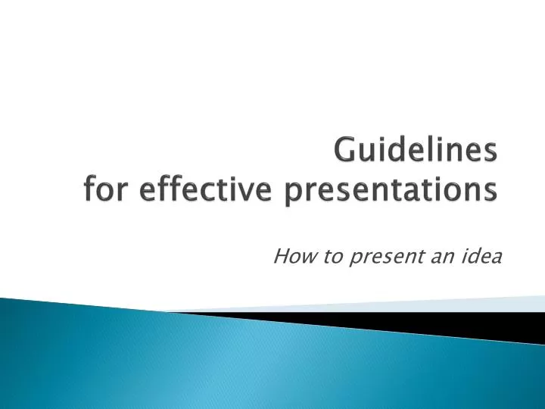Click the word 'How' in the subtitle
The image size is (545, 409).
pos(288,258)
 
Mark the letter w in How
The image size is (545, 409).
pos(298,259)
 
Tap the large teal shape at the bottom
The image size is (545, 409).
pos(227,364)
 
